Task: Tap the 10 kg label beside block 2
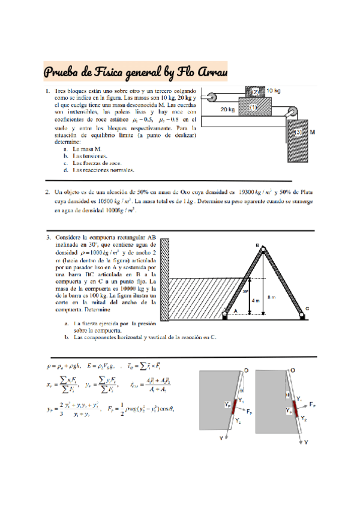[x=274, y=91]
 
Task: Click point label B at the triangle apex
[x=257, y=245]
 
